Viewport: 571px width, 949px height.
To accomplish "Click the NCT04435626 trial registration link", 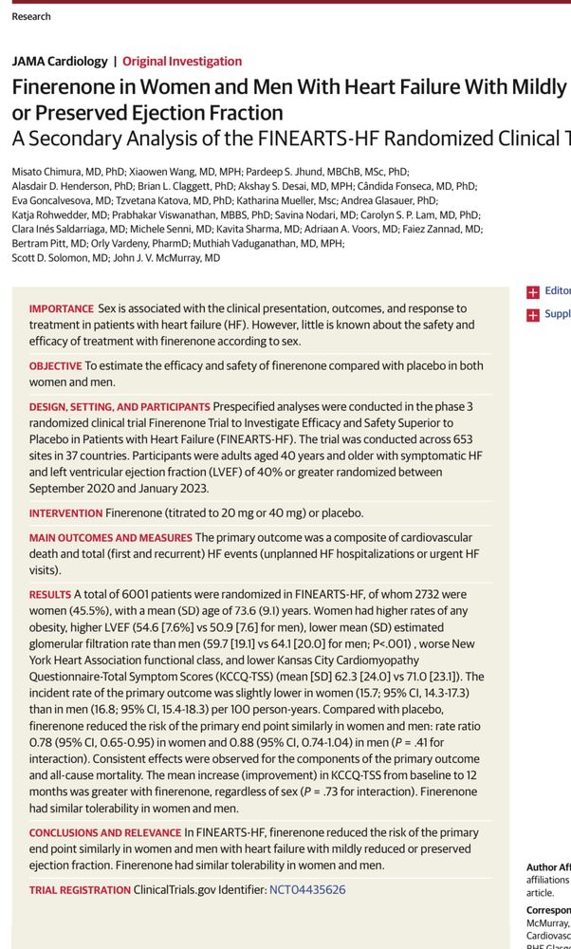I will pos(307,890).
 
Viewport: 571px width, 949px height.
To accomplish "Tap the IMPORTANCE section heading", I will pos(61,309).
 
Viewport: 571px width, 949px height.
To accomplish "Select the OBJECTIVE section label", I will pos(55,365).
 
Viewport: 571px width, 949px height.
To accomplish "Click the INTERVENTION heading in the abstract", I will pos(64,513).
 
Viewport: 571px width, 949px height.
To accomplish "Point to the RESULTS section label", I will pos(49,594).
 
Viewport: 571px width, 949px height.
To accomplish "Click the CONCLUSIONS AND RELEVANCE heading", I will pos(104,833).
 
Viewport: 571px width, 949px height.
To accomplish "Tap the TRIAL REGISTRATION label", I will pos(80,890).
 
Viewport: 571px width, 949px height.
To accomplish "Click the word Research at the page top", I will pos(31,16).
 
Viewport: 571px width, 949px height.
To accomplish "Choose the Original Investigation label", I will pos(182,62).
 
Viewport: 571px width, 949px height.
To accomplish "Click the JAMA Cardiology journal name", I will pos(60,62).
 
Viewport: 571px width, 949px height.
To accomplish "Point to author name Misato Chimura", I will pos(43,172).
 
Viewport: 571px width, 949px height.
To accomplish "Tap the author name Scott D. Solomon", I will pos(53,258).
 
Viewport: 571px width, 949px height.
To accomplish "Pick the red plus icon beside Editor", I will pos(533,292).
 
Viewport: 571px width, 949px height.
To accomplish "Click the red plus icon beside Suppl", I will pos(533,315).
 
